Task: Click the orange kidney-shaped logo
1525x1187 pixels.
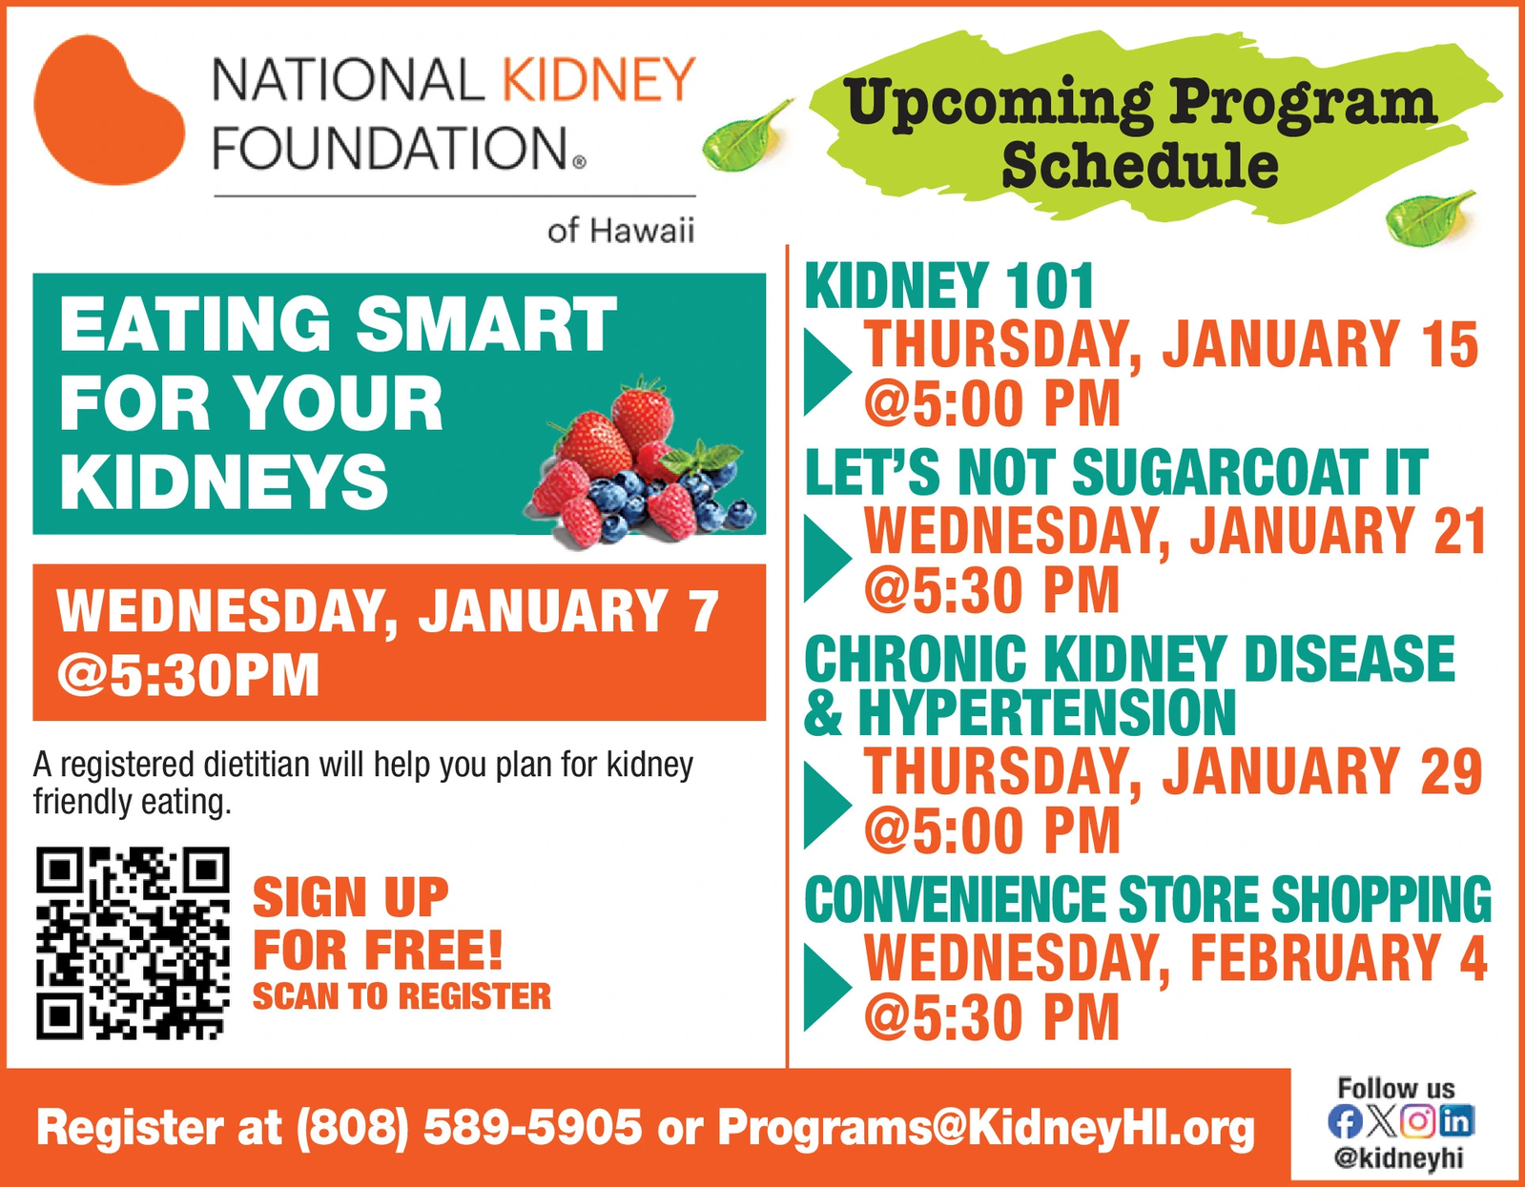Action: click(x=109, y=110)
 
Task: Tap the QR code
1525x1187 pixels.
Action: click(x=133, y=943)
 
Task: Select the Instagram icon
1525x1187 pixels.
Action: click(x=1417, y=1121)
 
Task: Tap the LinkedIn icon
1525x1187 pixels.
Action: click(x=1457, y=1121)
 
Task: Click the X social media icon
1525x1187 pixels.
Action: click(x=1381, y=1121)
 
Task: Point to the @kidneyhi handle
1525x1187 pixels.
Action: click(x=1399, y=1159)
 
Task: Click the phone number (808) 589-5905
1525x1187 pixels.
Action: click(x=469, y=1128)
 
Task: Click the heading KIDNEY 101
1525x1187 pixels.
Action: click(x=949, y=285)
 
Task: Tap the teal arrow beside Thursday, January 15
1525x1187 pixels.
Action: click(x=828, y=371)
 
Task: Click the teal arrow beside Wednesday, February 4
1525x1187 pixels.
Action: click(x=828, y=987)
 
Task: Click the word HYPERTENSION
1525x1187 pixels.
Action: click(x=1047, y=713)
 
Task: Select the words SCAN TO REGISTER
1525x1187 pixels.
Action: click(x=402, y=996)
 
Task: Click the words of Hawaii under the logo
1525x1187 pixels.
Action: click(x=620, y=230)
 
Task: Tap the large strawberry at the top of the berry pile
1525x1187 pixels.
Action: click(x=643, y=414)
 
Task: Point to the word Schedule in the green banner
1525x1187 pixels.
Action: click(x=1140, y=166)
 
